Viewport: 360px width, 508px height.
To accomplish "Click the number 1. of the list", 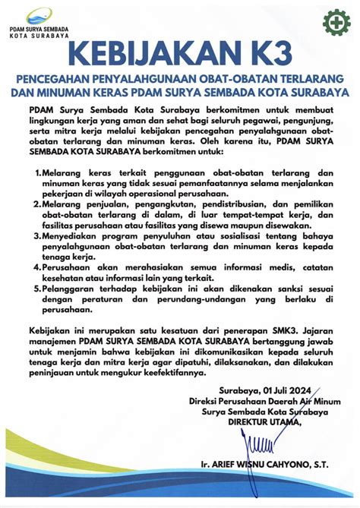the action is pos(39,174).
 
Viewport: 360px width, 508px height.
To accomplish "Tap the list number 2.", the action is pos(39,206).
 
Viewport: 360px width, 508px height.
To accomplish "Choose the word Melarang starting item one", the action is pos(68,174).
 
